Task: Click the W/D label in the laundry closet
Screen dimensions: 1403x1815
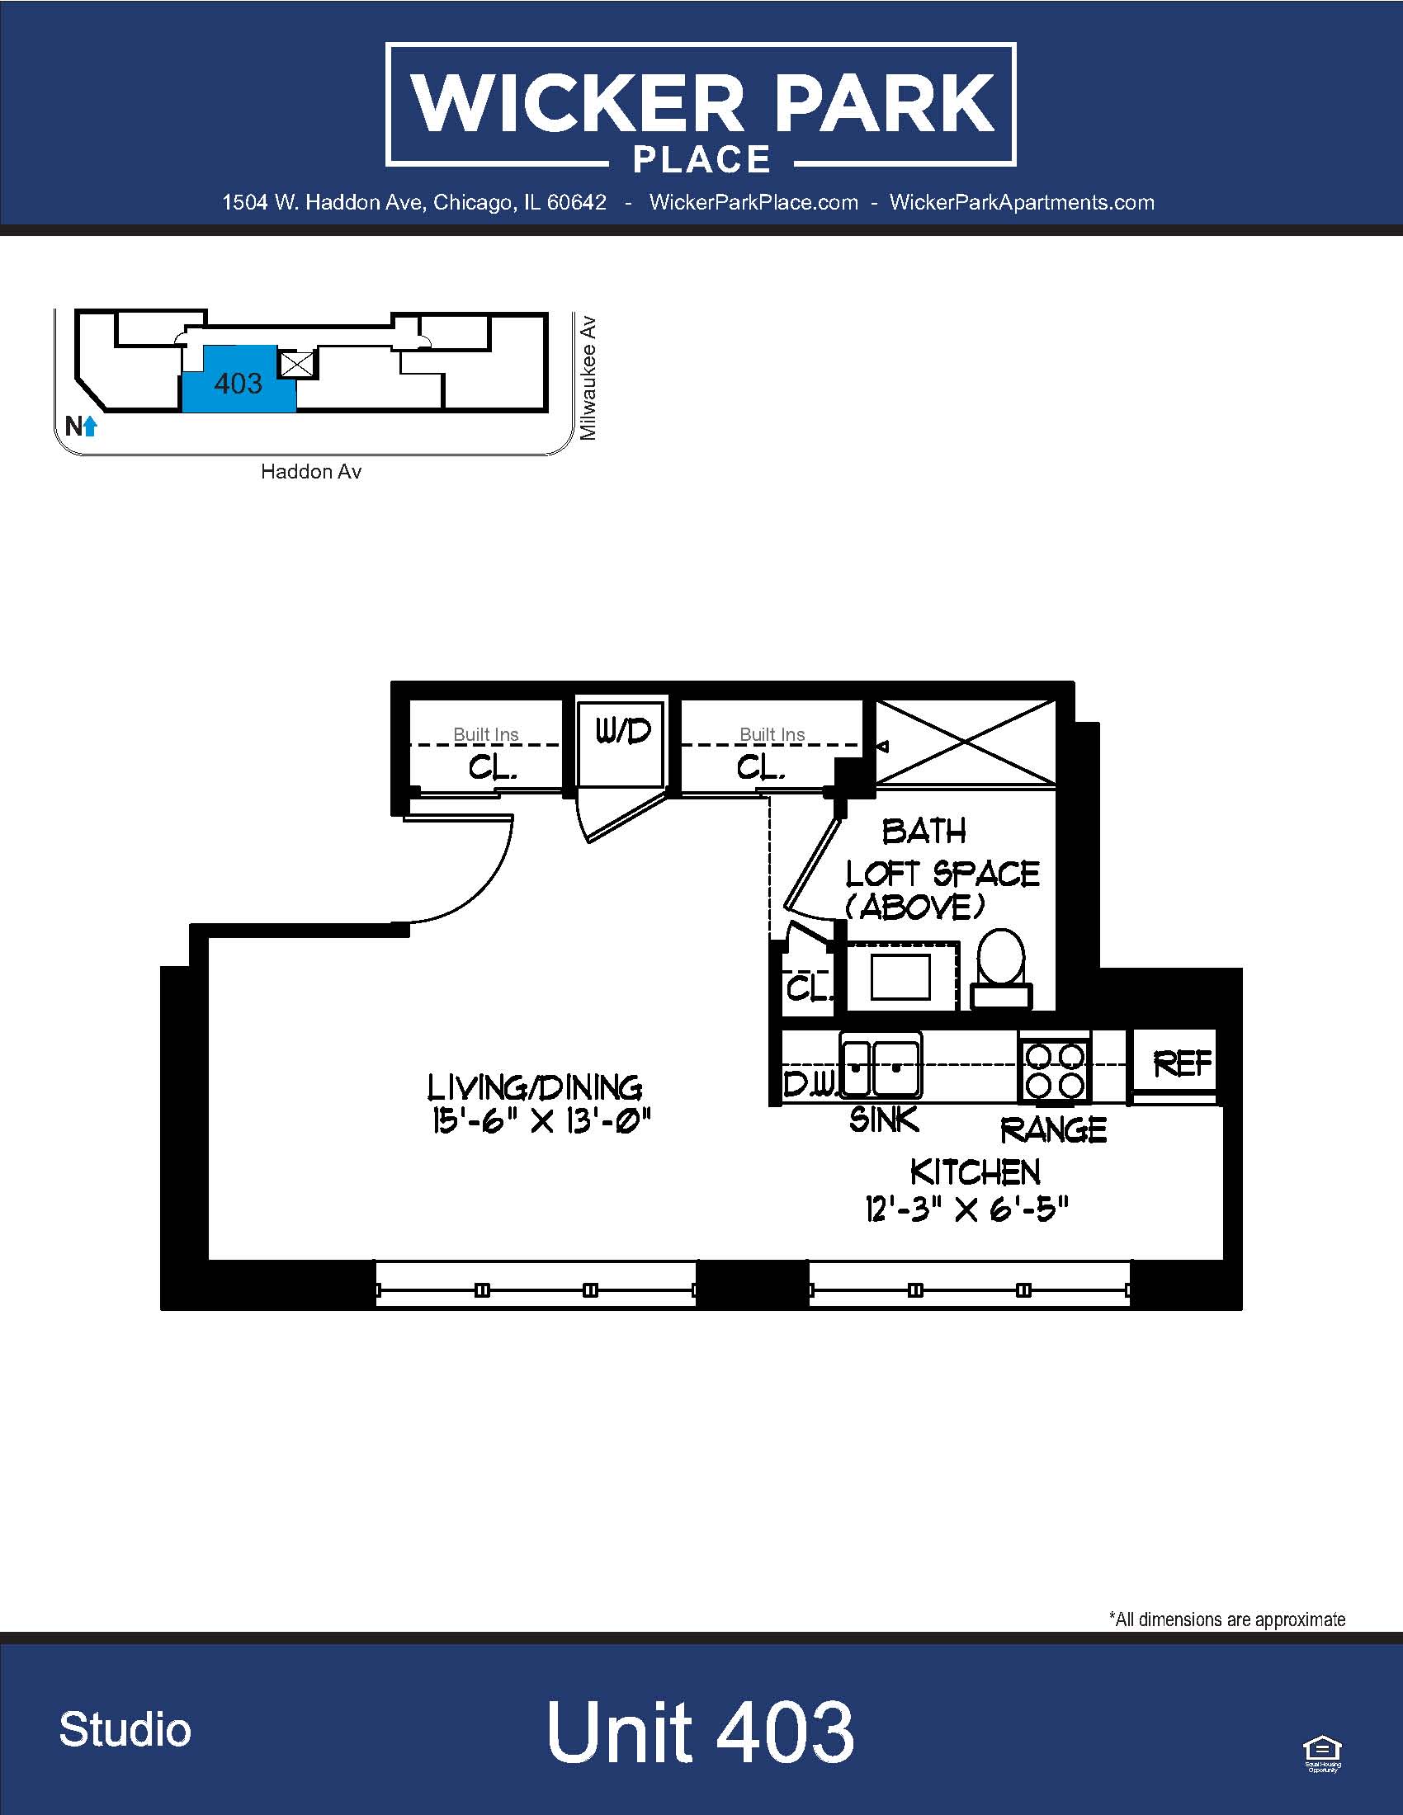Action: (x=623, y=731)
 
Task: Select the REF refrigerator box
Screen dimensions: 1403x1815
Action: (x=1174, y=1062)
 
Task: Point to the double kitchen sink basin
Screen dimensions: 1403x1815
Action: (x=881, y=1065)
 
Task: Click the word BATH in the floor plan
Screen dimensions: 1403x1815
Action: (x=924, y=831)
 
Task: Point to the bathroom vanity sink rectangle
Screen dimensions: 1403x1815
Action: (x=900, y=978)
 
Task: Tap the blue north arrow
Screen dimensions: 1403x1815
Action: (x=90, y=427)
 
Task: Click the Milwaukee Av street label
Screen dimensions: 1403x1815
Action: (x=588, y=378)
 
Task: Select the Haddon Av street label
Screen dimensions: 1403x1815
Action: (x=311, y=471)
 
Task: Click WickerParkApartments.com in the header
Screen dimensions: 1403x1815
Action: (x=1022, y=202)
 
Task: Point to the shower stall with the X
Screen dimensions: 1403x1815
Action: (x=966, y=742)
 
